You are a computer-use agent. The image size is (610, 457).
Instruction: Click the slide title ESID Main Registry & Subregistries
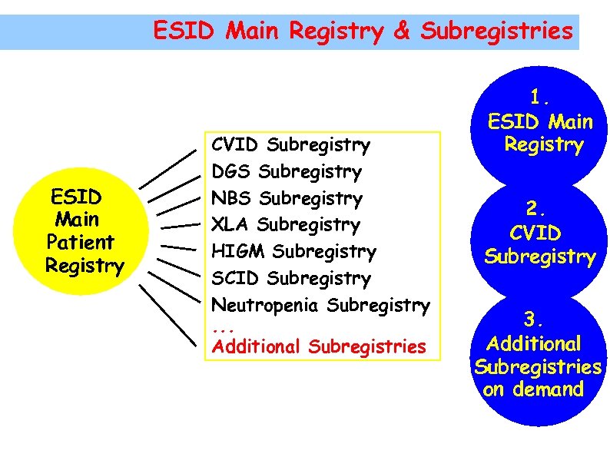point(363,31)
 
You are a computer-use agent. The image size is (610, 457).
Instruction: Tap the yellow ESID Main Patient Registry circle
point(85,230)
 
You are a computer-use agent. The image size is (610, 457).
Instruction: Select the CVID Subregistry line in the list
point(290,144)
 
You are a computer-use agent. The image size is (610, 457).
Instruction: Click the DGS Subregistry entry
point(286,171)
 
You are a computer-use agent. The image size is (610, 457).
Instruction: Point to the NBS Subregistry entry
point(287,198)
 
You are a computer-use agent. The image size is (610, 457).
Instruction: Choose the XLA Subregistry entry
point(285,225)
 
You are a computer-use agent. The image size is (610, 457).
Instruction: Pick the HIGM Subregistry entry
point(293,252)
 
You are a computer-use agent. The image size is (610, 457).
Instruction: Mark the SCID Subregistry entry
point(290,279)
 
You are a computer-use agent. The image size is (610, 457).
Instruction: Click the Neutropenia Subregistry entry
point(320,306)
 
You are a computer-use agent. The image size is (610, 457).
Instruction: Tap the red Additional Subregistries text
point(318,346)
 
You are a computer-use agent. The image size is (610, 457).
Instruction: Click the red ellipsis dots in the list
point(222,329)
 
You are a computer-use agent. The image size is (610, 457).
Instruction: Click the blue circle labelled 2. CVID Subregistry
point(539,234)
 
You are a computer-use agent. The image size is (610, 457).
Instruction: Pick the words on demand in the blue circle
point(533,389)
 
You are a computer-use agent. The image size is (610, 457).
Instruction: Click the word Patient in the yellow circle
point(80,242)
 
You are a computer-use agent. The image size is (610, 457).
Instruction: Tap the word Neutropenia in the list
point(267,306)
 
